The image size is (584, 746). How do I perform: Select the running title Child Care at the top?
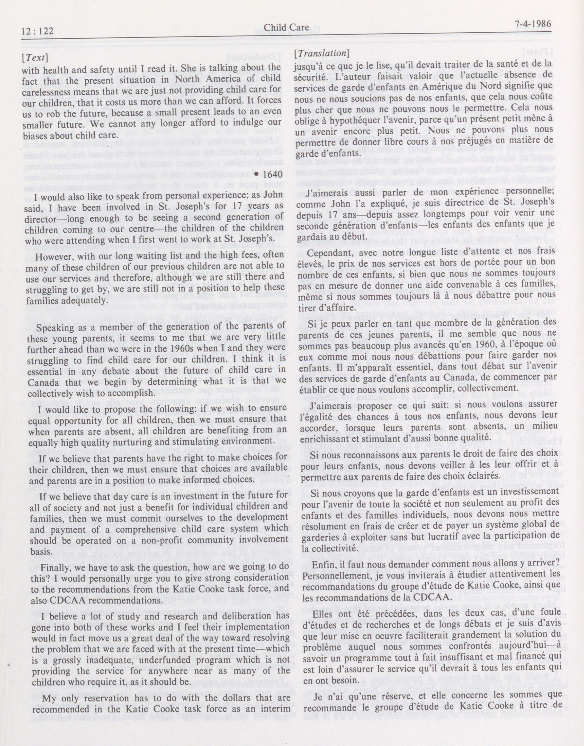point(286,27)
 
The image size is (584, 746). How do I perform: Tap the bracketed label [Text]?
point(35,57)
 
